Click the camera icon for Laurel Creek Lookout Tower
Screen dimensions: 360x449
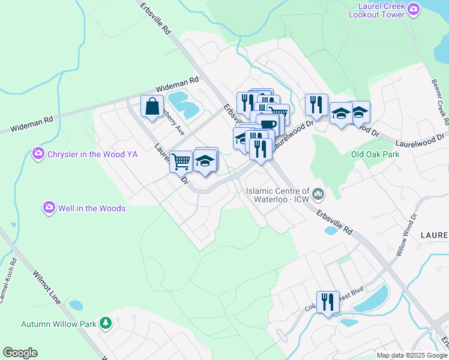413,9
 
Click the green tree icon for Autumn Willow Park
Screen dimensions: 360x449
106,323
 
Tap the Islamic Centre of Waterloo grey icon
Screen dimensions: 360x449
318,193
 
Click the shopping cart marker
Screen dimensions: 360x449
181,161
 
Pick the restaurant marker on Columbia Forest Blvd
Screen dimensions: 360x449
327,302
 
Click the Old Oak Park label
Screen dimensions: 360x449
375,154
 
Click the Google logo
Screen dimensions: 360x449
20,353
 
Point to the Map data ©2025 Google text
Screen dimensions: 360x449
412,355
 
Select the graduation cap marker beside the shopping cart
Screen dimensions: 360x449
205,160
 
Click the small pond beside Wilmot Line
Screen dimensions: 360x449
76,305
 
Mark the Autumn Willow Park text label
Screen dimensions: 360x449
58,324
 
